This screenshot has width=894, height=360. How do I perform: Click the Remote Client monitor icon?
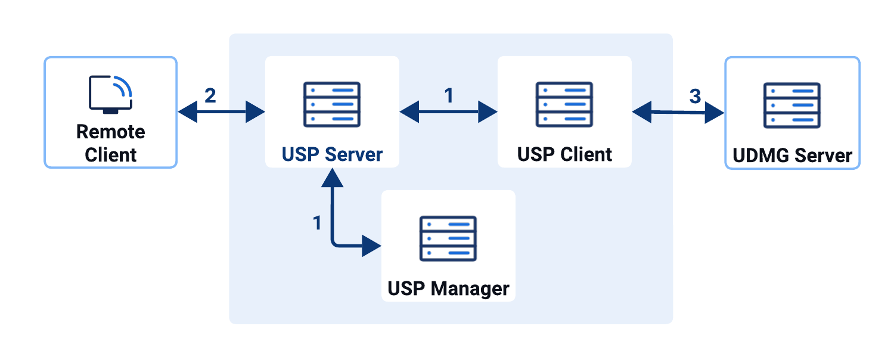[x=111, y=94]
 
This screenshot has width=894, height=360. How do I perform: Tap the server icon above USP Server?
[x=332, y=104]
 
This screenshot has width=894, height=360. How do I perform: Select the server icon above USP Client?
[x=564, y=104]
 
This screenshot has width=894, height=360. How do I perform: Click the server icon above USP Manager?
[x=448, y=238]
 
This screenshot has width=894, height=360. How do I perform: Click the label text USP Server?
[x=332, y=154]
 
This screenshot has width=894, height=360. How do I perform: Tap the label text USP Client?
[x=564, y=154]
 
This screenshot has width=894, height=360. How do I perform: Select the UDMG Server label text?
[x=792, y=156]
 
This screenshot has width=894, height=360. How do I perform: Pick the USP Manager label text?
[x=448, y=289]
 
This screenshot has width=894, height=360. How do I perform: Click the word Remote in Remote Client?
[x=111, y=132]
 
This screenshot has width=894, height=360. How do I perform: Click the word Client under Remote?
[x=111, y=155]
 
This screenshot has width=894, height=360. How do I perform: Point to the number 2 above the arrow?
[x=210, y=96]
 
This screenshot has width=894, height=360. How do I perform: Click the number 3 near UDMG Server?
[x=695, y=96]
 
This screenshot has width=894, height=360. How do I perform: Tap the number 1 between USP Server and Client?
[x=448, y=96]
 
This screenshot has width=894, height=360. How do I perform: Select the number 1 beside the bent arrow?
[x=317, y=223]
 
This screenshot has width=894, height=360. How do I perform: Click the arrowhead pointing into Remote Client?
[x=187, y=111]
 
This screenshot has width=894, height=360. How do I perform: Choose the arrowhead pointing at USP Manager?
[x=371, y=245]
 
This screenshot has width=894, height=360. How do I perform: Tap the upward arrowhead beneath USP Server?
[x=332, y=178]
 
